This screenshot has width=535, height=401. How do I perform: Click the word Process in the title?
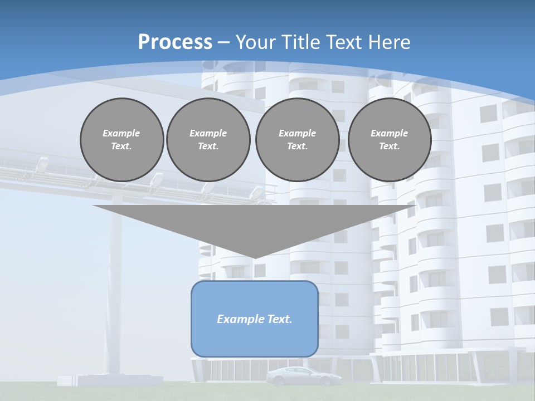point(175,42)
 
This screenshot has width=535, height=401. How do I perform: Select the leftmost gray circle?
point(122,140)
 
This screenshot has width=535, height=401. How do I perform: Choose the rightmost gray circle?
point(390,140)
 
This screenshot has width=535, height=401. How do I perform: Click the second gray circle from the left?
point(208,140)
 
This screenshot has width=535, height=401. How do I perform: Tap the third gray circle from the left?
point(298,140)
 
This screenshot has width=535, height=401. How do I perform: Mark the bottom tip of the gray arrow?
point(254,257)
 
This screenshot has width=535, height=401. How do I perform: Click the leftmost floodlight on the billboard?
point(42,164)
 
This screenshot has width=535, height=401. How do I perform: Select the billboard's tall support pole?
point(116,278)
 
